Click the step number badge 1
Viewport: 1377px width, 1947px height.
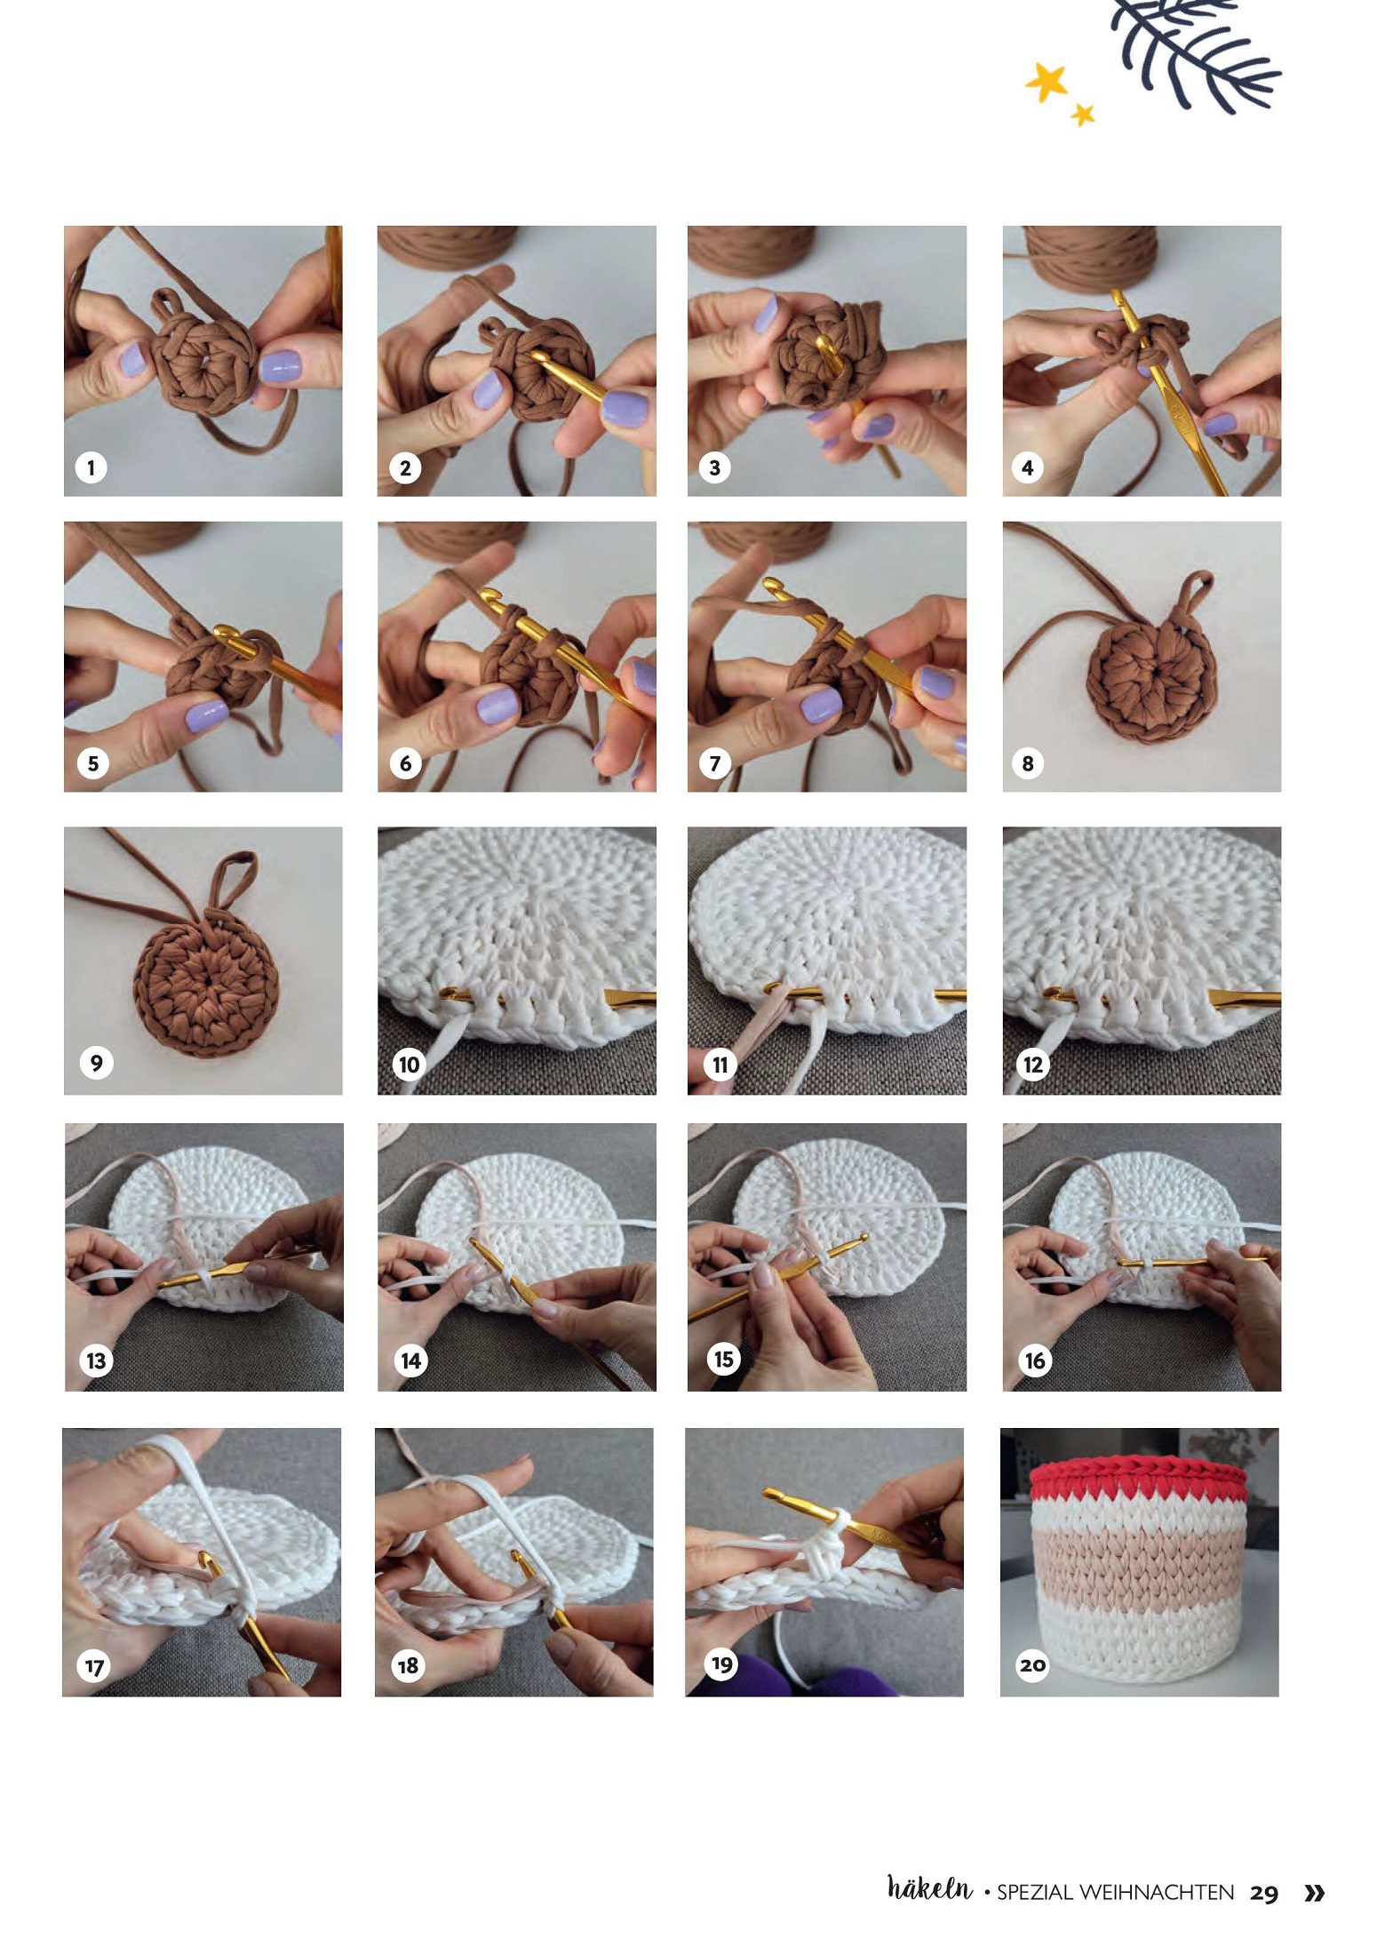[91, 467]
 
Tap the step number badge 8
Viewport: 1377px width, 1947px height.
[1028, 763]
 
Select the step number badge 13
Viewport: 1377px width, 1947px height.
[96, 1361]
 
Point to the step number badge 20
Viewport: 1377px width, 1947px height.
[1032, 1664]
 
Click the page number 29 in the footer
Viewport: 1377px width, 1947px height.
[1263, 1893]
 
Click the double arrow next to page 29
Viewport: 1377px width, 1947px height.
[1314, 1893]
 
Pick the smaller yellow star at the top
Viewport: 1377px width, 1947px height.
[1082, 114]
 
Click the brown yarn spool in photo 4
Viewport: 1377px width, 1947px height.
[1092, 252]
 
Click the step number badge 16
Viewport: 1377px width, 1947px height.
[1035, 1361]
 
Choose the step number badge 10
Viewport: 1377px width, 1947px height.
[409, 1064]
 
